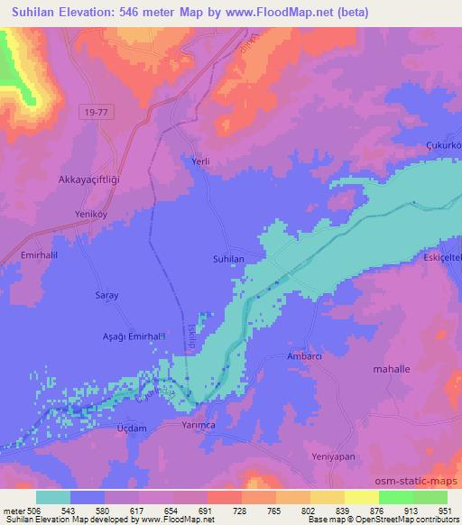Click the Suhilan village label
coord(228,258)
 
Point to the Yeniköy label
coord(91,215)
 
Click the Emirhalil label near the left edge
coord(23,255)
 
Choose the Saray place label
coord(107,295)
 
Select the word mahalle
coord(392,369)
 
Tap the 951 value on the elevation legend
coord(434,510)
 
